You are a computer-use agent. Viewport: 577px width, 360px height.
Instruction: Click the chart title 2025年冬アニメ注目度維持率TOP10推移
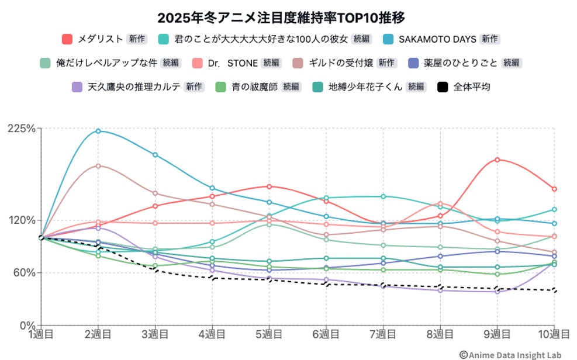click(x=281, y=18)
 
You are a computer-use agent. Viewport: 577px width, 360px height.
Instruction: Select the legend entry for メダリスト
click(x=100, y=39)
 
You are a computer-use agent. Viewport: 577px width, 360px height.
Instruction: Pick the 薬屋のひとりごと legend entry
click(x=461, y=63)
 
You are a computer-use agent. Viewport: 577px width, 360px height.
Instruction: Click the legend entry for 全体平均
click(x=471, y=87)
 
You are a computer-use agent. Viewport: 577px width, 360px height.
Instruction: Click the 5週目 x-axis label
click(x=269, y=335)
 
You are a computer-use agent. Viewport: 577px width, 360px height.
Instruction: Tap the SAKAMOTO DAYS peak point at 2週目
click(x=98, y=131)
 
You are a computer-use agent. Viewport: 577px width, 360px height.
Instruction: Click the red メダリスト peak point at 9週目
click(x=497, y=160)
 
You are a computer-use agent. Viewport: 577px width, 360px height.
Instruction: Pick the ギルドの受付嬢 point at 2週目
click(x=98, y=166)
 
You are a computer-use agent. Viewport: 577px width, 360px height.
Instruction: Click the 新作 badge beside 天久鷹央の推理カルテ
click(x=194, y=87)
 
